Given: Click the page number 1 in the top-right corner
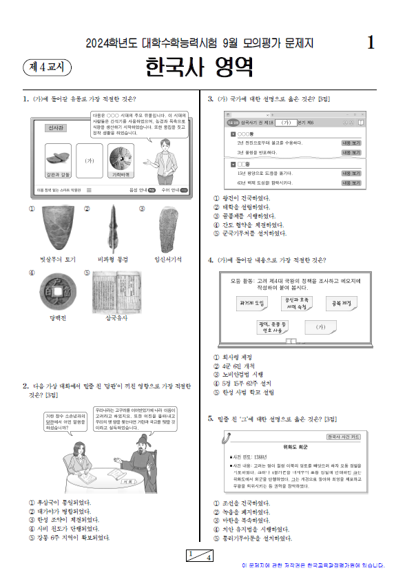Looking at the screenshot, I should pyautogui.click(x=371, y=43).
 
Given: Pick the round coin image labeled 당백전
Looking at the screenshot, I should pyautogui.click(x=51, y=292).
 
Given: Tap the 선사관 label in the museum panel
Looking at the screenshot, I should pyautogui.click(x=56, y=128).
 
